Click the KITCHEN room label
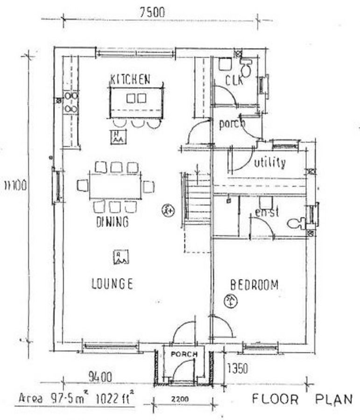click(x=130, y=79)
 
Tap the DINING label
click(x=112, y=222)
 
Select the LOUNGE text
click(x=112, y=283)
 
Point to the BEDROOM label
click(x=254, y=284)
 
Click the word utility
click(x=269, y=163)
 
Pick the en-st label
click(x=267, y=213)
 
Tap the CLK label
click(x=234, y=80)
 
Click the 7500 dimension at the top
click(x=152, y=13)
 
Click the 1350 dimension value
click(x=237, y=369)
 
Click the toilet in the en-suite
click(x=296, y=223)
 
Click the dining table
click(x=115, y=186)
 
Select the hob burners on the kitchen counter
click(x=71, y=102)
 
